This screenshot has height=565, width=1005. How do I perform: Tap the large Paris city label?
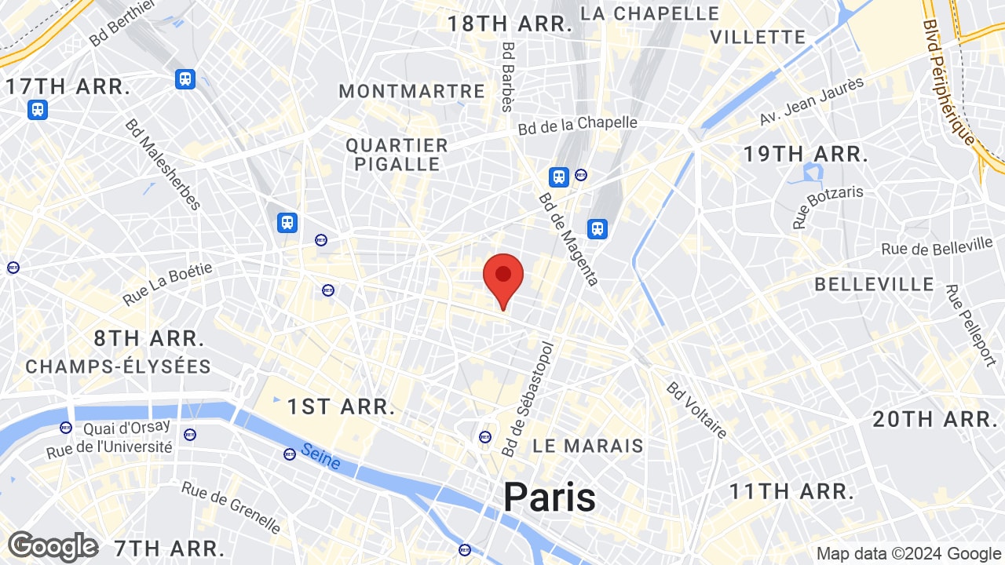tap(549, 497)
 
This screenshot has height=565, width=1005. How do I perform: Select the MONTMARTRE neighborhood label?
tap(412, 91)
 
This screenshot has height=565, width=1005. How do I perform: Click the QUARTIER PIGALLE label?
tap(397, 155)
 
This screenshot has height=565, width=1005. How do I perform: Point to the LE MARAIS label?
tap(587, 446)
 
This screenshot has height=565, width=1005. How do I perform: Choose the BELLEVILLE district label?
tap(874, 284)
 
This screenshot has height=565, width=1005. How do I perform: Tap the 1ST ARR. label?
tap(340, 406)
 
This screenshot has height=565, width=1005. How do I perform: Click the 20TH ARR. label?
tap(934, 419)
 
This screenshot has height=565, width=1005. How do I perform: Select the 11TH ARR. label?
tap(791, 492)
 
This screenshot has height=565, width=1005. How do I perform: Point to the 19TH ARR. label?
tap(806, 154)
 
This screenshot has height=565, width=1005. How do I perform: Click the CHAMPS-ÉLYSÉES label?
tap(118, 366)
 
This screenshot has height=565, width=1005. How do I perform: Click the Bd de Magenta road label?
tap(568, 239)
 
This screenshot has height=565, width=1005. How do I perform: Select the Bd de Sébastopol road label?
tap(528, 399)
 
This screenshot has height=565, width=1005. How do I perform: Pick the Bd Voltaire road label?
tap(696, 410)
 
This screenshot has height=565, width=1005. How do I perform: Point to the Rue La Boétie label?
tap(167, 284)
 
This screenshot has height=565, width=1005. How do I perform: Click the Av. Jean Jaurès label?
tap(811, 101)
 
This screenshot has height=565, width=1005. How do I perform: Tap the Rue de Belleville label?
tap(937, 248)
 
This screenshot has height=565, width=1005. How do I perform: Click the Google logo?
tap(53, 546)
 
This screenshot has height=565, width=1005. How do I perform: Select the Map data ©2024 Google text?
tap(908, 554)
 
